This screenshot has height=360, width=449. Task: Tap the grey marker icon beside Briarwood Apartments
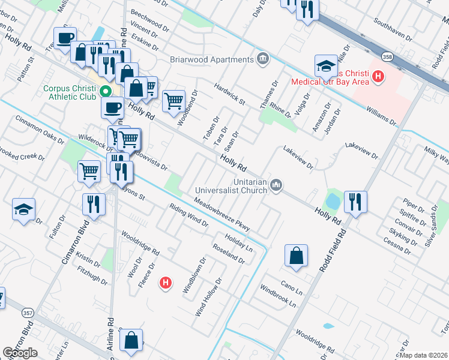262,59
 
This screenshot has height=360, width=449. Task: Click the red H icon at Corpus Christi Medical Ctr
378,76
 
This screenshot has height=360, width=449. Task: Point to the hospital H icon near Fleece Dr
166,283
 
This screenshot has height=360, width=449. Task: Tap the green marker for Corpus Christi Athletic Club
106,92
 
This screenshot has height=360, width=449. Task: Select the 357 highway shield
28,312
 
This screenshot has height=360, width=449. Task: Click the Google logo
20,353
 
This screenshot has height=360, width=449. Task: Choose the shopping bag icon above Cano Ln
297,255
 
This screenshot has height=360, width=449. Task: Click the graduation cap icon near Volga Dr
326,65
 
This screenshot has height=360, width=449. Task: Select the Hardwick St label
231,93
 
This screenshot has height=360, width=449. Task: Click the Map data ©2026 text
422,355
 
